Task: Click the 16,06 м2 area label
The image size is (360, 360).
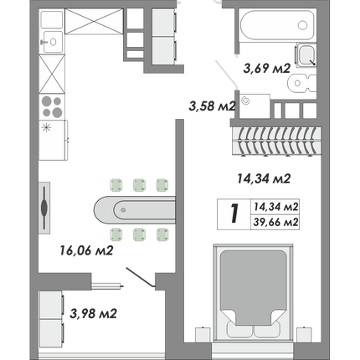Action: pyautogui.click(x=86, y=250)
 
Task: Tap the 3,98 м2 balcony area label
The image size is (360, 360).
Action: pyautogui.click(x=93, y=313)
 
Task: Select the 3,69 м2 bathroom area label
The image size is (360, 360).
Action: pyautogui.click(x=267, y=68)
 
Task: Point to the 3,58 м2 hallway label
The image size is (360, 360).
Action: pyautogui.click(x=213, y=106)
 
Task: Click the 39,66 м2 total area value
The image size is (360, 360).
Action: pyautogui.click(x=275, y=223)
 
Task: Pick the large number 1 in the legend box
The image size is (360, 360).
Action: pyautogui.click(x=234, y=213)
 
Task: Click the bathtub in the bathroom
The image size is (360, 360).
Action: pyautogui.click(x=277, y=25)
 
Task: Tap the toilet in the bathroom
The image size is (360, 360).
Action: pyautogui.click(x=301, y=83)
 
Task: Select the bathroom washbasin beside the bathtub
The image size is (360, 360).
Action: pyautogui.click(x=306, y=54)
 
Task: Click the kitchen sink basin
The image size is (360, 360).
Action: pyautogui.click(x=52, y=42)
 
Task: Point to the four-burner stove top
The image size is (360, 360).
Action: pyautogui.click(x=52, y=107)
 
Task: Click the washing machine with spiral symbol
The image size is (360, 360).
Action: pyautogui.click(x=255, y=106)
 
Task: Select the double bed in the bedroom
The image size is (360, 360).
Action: pyautogui.click(x=253, y=292)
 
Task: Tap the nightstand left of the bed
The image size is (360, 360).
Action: pyautogui.click(x=203, y=334)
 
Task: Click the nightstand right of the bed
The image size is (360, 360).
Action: pyautogui.click(x=304, y=334)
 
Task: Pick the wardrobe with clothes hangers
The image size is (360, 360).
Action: pyautogui.click(x=275, y=141)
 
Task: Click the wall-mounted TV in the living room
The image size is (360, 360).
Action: pyautogui.click(x=44, y=208)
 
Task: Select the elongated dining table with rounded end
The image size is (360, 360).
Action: pyautogui.click(x=135, y=210)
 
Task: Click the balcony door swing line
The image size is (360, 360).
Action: pyautogui.click(x=140, y=277)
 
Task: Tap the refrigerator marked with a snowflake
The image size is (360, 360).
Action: pyautogui.click(x=54, y=140)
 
